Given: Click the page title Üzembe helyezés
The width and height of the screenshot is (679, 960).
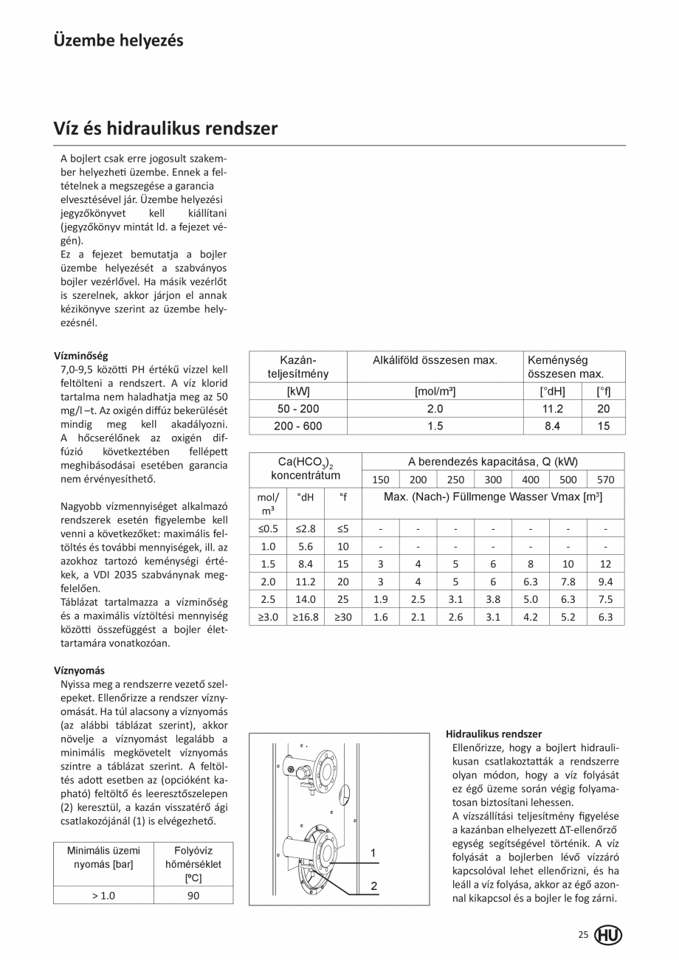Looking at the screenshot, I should [118, 40].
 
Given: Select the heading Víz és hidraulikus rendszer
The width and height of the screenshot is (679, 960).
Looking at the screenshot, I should [165, 128].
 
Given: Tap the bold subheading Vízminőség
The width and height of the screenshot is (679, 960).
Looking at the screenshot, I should [80, 356].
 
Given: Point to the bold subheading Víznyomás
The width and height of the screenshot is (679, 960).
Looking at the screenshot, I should [79, 671].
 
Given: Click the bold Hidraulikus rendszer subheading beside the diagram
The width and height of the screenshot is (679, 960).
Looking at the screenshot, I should [494, 734].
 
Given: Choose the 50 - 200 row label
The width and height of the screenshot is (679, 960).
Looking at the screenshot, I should [298, 409].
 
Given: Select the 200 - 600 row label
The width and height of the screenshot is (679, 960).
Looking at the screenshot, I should [298, 426].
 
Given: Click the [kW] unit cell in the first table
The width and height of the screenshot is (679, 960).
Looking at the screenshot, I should [298, 392].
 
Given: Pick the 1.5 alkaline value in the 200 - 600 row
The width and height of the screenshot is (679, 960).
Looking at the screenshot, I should [435, 426].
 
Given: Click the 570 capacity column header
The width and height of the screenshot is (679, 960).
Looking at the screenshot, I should [605, 480].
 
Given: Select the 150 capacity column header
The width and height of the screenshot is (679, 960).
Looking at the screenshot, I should [381, 480].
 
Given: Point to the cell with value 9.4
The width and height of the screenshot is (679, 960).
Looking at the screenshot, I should [605, 581].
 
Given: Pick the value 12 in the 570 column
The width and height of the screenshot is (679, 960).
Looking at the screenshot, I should [605, 564].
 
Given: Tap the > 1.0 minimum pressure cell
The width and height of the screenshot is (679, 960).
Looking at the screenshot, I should [103, 895].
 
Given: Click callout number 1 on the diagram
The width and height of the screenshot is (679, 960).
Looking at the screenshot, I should [373, 853].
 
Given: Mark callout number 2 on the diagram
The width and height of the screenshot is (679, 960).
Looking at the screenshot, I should [373, 885].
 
